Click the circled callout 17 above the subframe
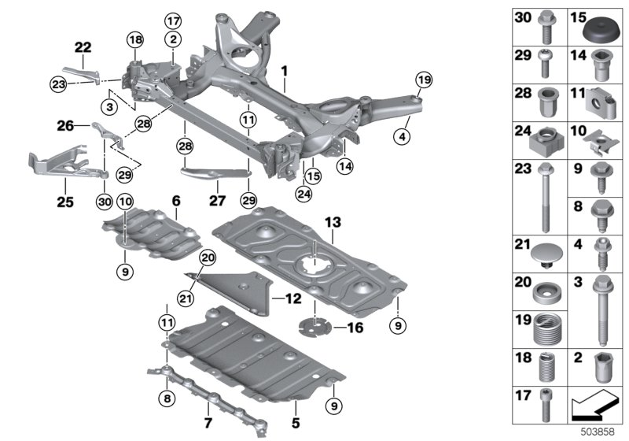click(x=172, y=20)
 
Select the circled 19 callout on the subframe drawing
click(x=424, y=80)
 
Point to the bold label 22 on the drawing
click(x=83, y=48)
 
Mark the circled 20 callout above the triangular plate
click(x=207, y=258)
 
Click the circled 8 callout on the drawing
click(x=166, y=399)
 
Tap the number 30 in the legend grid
click(x=522, y=17)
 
